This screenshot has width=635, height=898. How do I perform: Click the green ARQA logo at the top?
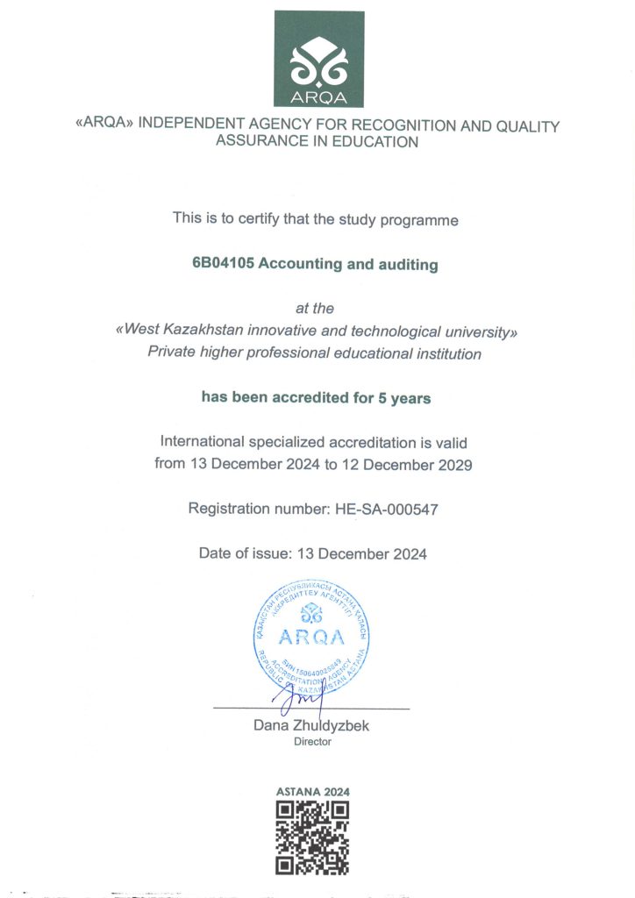318,60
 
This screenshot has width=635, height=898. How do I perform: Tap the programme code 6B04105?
223,264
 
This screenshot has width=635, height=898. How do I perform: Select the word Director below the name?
312,742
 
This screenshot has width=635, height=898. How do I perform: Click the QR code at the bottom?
312,838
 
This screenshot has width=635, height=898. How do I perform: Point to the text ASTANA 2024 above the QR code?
312,792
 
